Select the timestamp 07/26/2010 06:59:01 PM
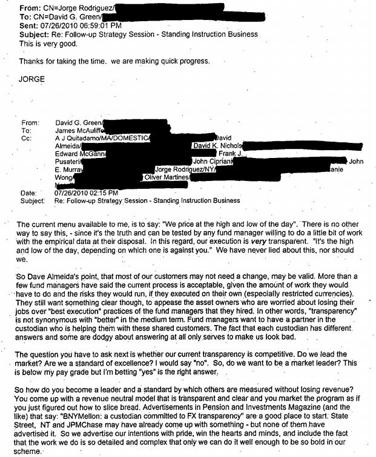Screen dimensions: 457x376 (x=78, y=27)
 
